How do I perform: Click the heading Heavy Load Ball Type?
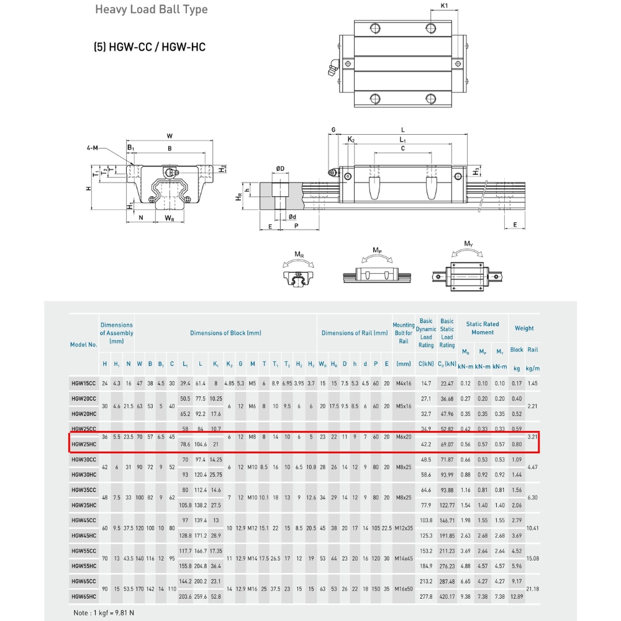(152, 10)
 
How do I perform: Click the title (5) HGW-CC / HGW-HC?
(150, 47)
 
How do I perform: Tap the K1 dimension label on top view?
(445, 6)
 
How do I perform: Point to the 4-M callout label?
(93, 148)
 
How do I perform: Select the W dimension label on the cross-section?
(170, 135)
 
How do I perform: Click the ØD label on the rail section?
(280, 168)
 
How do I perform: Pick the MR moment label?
(299, 254)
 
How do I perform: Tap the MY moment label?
(469, 243)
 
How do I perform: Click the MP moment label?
(377, 250)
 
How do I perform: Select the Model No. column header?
(84, 345)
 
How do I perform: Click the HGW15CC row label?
(83, 383)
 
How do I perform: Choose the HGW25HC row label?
(83, 444)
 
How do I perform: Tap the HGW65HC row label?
(83, 596)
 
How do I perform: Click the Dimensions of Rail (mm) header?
(354, 333)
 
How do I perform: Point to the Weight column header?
(524, 328)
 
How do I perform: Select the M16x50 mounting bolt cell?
(403, 589)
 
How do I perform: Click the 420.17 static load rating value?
(447, 596)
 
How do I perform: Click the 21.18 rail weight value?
(532, 589)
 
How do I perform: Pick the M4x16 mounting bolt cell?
(403, 383)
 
